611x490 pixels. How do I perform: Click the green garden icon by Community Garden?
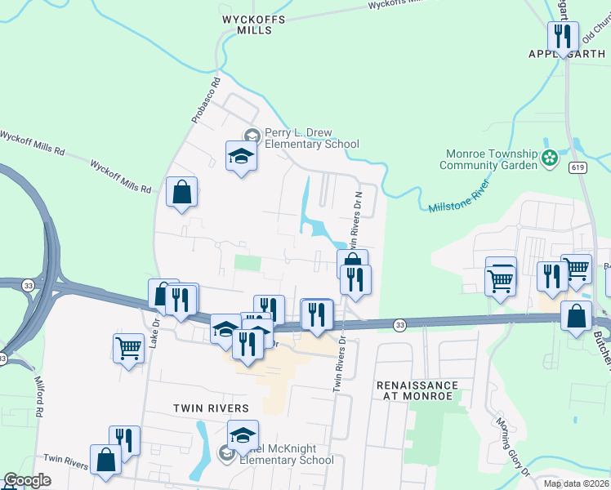click(x=551, y=155)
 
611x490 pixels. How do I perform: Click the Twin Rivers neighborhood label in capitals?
click(x=210, y=408)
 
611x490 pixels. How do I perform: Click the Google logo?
click(x=28, y=480)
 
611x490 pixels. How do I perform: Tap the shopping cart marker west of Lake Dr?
click(x=128, y=348)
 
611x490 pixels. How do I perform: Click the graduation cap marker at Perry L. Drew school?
click(x=241, y=155)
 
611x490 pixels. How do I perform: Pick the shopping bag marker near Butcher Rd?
click(x=576, y=315)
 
